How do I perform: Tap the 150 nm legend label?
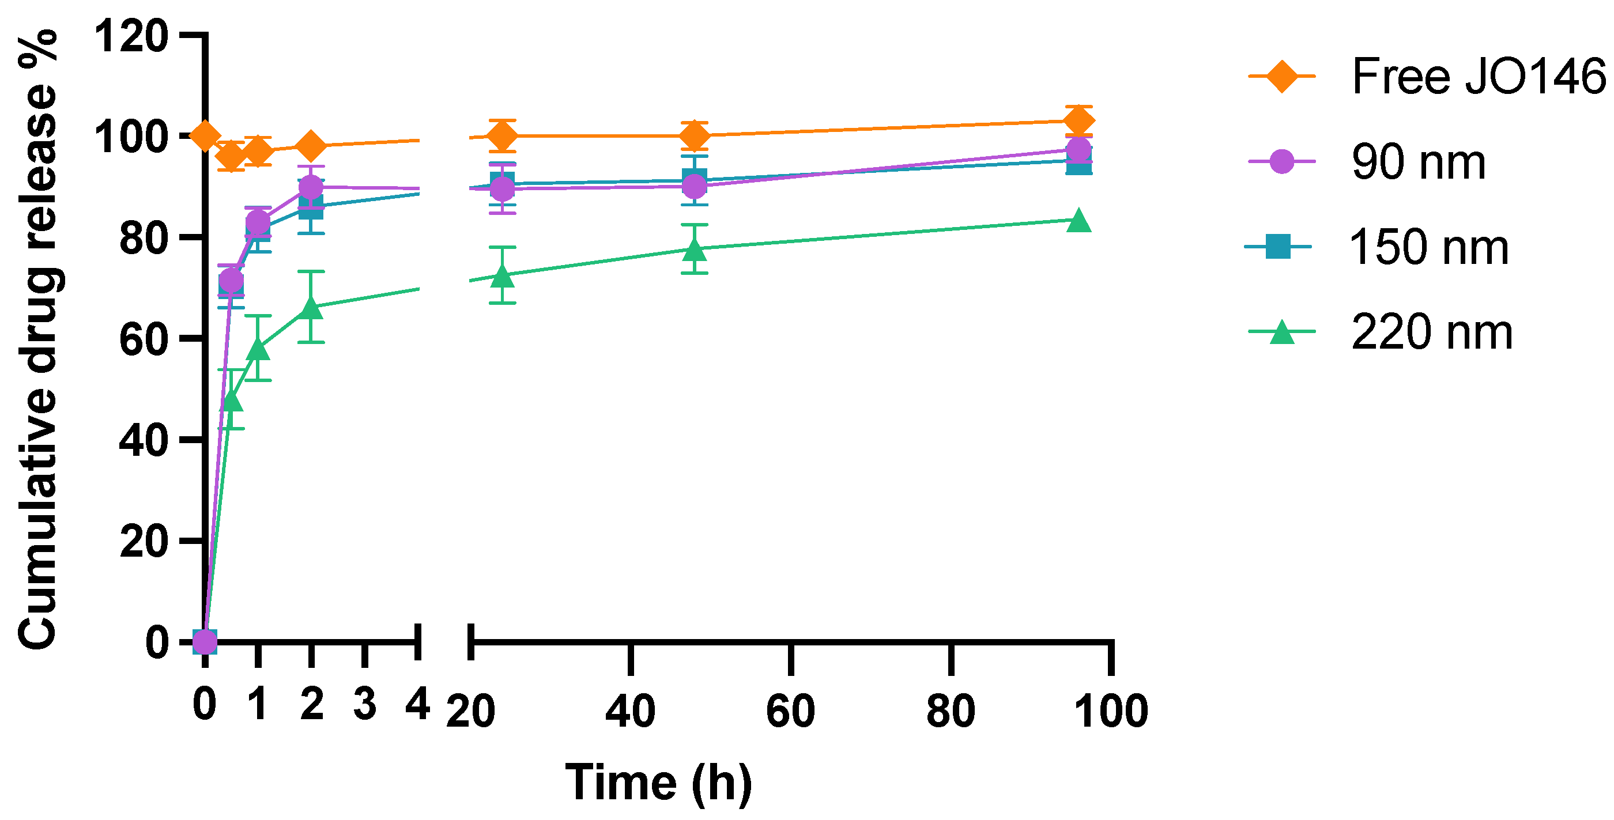(x=1428, y=247)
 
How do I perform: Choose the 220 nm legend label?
(x=1432, y=332)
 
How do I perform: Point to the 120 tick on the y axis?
(x=131, y=36)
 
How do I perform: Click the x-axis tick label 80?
(x=951, y=711)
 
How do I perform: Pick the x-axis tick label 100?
(x=1111, y=711)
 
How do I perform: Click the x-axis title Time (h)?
(x=658, y=783)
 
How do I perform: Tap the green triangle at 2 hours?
(x=311, y=307)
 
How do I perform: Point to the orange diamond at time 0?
(x=205, y=136)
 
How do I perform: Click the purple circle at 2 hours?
(x=311, y=187)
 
